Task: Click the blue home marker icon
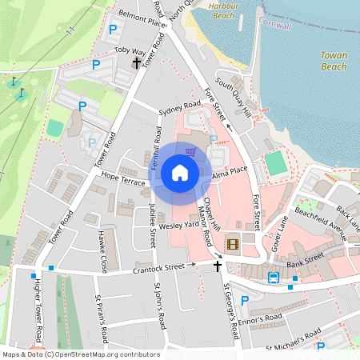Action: click(x=180, y=172)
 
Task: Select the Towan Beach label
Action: click(x=333, y=61)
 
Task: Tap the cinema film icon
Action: click(x=233, y=244)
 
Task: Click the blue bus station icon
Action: click(x=274, y=278)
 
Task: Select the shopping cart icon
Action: click(x=190, y=151)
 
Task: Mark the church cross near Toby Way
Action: click(x=137, y=62)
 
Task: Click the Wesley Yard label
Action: click(x=178, y=226)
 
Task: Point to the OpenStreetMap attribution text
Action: click(x=80, y=354)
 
